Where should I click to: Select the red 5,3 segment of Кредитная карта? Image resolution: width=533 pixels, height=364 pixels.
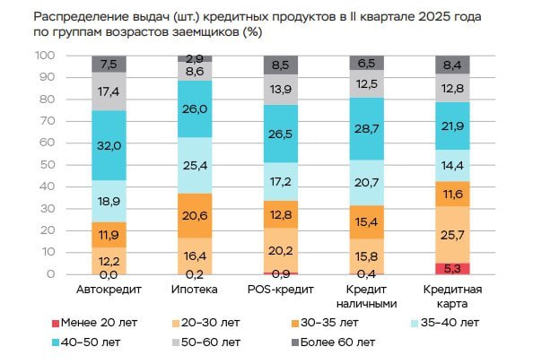pyautogui.click(x=451, y=268)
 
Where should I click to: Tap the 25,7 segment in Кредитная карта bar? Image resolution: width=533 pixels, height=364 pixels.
pyautogui.click(x=451, y=234)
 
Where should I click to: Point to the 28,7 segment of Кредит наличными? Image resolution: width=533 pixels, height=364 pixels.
pyautogui.click(x=365, y=129)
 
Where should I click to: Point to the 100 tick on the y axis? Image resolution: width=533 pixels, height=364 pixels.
pyautogui.click(x=45, y=56)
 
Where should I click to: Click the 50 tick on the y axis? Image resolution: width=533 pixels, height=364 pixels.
pyautogui.click(x=48, y=165)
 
